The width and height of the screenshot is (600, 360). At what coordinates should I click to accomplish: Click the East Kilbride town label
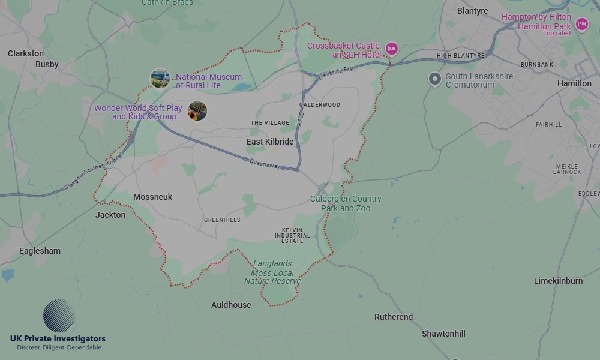(270, 142)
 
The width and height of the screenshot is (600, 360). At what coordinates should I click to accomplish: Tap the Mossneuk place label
(152, 197)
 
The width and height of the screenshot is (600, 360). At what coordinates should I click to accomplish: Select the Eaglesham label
(40, 251)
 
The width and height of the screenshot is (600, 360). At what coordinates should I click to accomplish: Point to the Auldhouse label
(231, 305)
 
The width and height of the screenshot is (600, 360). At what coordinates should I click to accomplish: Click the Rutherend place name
(394, 317)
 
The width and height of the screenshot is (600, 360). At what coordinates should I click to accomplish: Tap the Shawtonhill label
(443, 334)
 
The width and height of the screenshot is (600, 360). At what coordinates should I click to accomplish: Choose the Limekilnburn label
(558, 281)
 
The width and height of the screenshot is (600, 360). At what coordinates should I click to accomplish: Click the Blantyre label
(472, 11)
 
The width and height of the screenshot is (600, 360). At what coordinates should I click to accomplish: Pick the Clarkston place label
(26, 53)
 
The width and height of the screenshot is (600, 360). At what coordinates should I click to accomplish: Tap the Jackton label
(110, 215)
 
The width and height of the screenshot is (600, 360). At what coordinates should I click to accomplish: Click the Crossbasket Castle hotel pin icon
(392, 49)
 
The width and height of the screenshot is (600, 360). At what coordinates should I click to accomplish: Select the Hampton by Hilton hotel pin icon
(581, 24)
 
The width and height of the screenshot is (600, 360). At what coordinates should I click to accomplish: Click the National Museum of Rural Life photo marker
(160, 78)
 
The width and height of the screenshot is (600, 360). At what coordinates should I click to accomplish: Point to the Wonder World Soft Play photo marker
(197, 110)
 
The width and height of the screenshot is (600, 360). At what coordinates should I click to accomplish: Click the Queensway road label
(264, 164)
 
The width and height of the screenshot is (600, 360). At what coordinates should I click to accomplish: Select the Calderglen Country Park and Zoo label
(346, 203)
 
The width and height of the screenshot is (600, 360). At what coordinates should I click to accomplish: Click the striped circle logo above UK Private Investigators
(59, 316)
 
